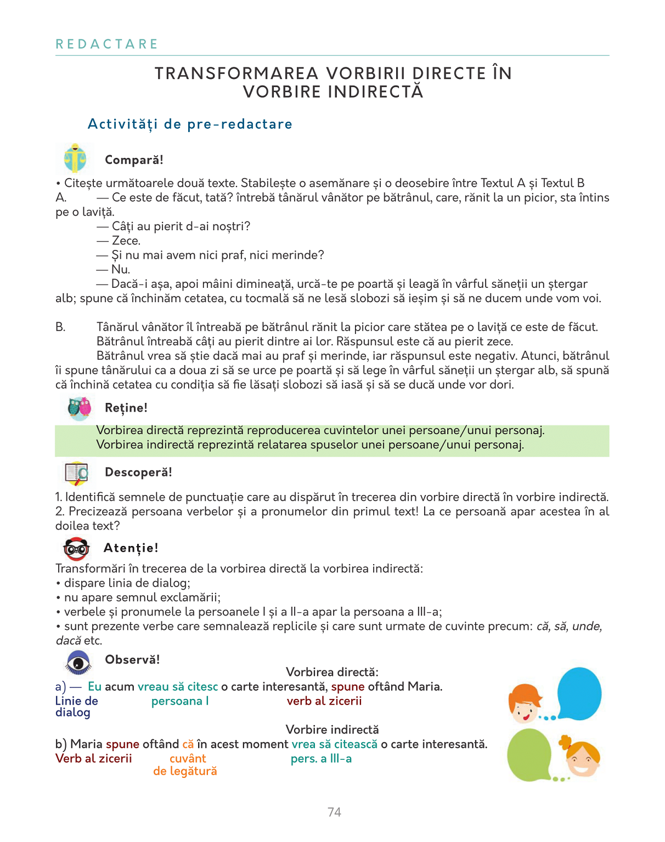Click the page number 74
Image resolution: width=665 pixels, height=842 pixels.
coord(334,812)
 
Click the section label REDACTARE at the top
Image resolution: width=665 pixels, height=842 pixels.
coord(107,44)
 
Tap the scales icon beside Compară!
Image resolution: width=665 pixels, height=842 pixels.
coord(75,159)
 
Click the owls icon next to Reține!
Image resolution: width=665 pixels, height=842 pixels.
coord(79,407)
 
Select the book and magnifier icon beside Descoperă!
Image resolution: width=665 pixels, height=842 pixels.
coord(77,473)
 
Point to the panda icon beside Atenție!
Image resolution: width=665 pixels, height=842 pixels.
coord(76,548)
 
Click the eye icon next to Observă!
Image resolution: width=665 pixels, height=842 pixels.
coord(78,662)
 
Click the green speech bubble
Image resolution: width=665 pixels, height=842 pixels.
coord(529,755)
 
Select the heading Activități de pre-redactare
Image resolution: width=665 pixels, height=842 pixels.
coord(190,124)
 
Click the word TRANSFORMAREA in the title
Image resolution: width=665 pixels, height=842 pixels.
coord(236,73)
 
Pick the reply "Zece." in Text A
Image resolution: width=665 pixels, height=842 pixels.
coord(126,241)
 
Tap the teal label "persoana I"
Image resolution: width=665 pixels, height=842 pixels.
coord(180,701)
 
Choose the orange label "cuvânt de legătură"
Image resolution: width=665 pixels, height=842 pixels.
coord(185,765)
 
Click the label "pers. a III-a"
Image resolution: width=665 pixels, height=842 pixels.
coord(321,759)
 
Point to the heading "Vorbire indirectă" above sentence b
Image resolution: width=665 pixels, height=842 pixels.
coord(332,730)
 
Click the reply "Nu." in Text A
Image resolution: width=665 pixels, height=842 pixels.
coord(121,269)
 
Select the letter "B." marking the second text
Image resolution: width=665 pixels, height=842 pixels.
coord(60,327)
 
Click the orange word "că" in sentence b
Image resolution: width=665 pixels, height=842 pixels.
coord(188,744)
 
